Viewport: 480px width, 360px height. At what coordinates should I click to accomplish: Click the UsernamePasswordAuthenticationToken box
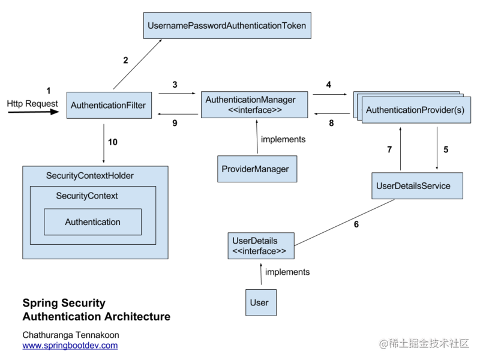pyautogui.click(x=227, y=25)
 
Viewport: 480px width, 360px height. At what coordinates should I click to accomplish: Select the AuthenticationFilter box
pyautogui.click(x=109, y=105)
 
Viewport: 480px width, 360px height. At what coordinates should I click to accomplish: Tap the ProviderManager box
pyautogui.click(x=257, y=169)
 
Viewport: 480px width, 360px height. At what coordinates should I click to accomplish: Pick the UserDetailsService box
pyautogui.click(x=417, y=186)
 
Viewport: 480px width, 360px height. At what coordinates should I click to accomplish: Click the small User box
pyautogui.click(x=261, y=302)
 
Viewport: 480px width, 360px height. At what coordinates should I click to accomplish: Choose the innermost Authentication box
pyautogui.click(x=93, y=222)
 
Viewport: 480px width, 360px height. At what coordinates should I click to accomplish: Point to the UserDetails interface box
pyautogui.click(x=261, y=246)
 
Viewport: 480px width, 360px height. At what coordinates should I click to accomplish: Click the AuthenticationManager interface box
pyautogui.click(x=254, y=104)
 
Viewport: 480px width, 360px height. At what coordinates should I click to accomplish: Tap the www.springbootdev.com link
pyautogui.click(x=70, y=346)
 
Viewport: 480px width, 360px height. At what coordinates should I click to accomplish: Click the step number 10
pyautogui.click(x=113, y=142)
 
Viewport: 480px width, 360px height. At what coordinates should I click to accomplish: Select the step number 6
pyautogui.click(x=356, y=224)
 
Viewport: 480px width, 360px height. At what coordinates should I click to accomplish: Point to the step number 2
pyautogui.click(x=125, y=61)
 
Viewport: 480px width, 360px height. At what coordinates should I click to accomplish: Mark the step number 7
pyautogui.click(x=389, y=149)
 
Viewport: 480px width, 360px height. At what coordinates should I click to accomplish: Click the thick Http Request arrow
pyautogui.click(x=34, y=112)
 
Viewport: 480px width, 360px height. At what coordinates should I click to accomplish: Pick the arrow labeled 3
pyautogui.click(x=177, y=93)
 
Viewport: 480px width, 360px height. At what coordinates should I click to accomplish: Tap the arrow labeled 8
pyautogui.click(x=332, y=114)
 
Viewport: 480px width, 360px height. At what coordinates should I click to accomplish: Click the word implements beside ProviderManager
pyautogui.click(x=283, y=139)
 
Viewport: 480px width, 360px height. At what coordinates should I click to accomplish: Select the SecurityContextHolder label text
pyautogui.click(x=89, y=176)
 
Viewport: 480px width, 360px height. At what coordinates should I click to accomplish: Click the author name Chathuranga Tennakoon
pyautogui.click(x=71, y=335)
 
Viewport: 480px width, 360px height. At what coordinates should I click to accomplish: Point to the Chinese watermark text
pyautogui.click(x=424, y=343)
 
